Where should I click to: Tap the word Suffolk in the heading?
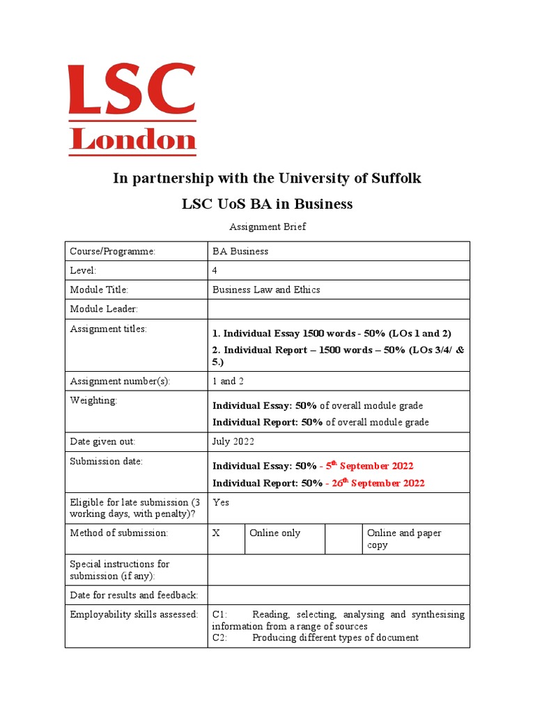pos(388,178)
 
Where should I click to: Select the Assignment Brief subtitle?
pos(267,226)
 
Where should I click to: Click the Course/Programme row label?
pos(112,251)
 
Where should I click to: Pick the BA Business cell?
pos(240,251)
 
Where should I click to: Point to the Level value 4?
pos(215,270)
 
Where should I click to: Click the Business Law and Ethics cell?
pos(266,290)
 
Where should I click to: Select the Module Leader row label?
pos(104,308)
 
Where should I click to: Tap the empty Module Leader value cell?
pos(339,308)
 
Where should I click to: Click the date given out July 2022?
pos(233,441)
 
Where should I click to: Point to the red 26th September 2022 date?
pos(376,483)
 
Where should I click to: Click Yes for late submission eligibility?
pos(221,502)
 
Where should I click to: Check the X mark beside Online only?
pos(216,533)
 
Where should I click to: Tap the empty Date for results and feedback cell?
pos(339,595)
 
